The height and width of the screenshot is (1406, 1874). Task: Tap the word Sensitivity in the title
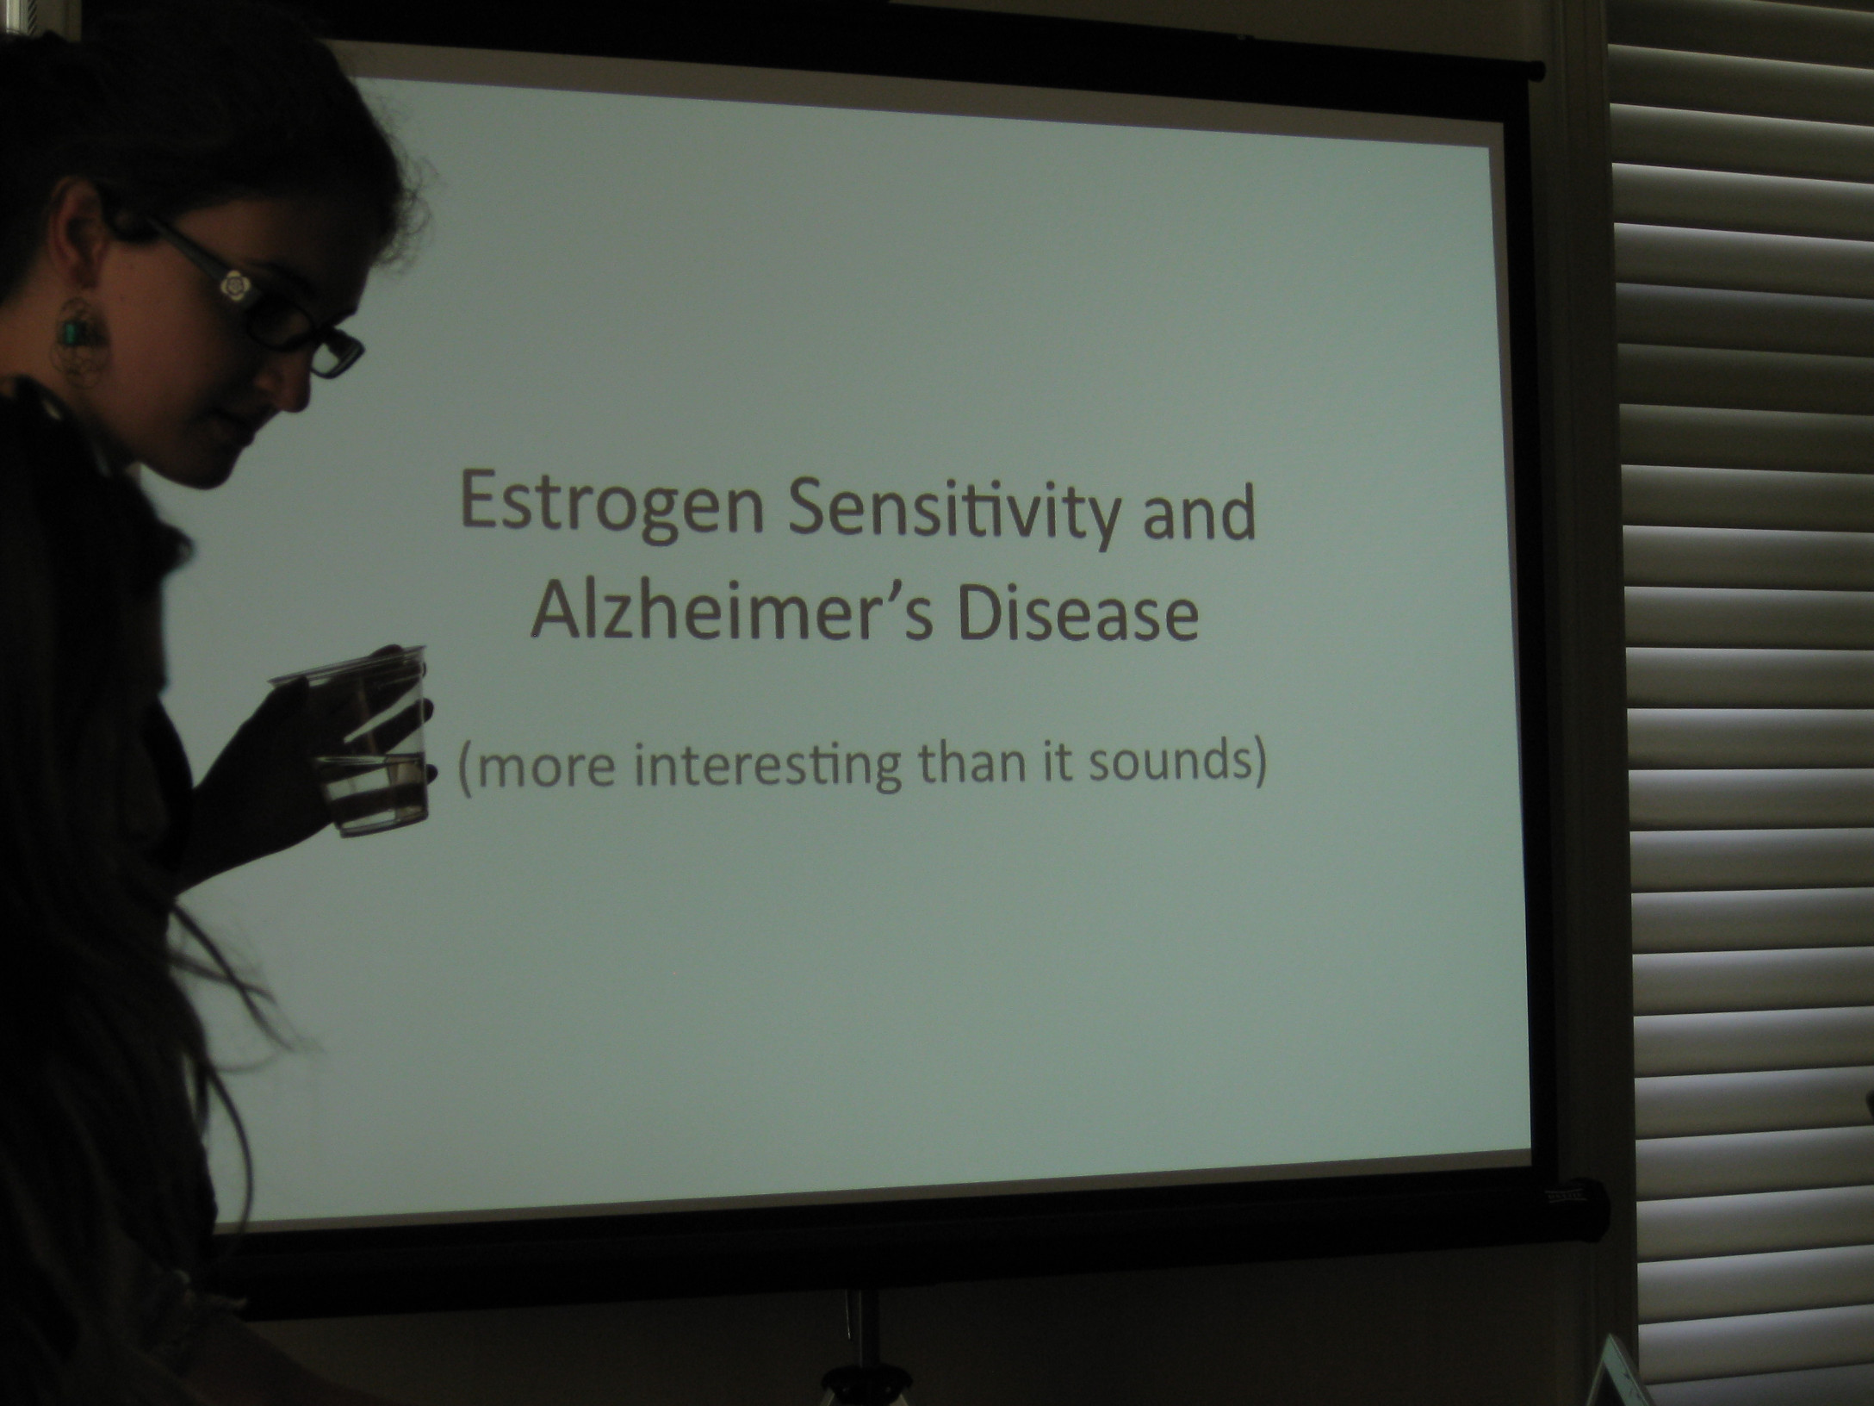point(954,508)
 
